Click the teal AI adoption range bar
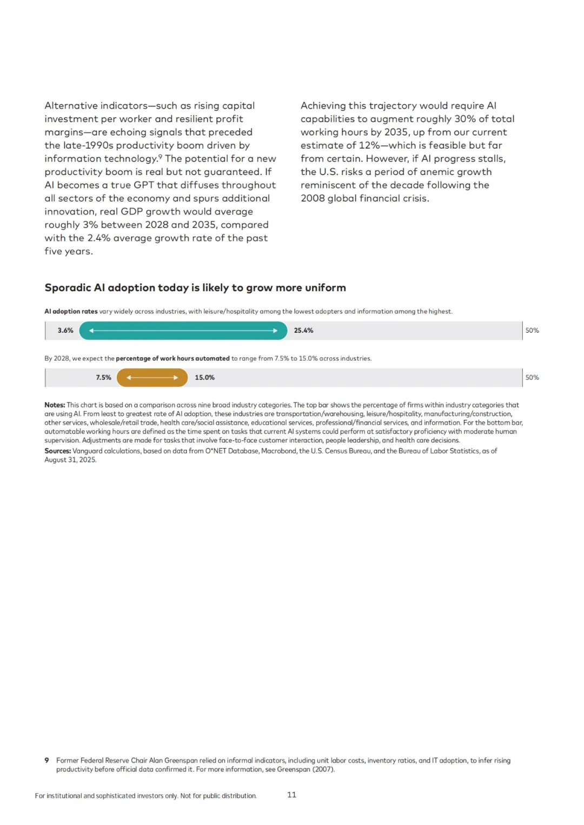183,331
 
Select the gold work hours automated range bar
152,378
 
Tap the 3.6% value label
65,331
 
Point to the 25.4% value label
303,331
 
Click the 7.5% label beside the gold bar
103,378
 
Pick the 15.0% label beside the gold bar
204,378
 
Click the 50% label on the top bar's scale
532,331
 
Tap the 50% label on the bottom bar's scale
532,378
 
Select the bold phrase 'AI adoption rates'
71,312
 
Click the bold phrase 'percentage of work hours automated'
172,359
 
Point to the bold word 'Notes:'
55,405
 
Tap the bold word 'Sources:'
57,451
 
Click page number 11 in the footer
291,795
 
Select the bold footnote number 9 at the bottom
47,761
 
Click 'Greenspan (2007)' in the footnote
305,769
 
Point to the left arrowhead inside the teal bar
91,331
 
